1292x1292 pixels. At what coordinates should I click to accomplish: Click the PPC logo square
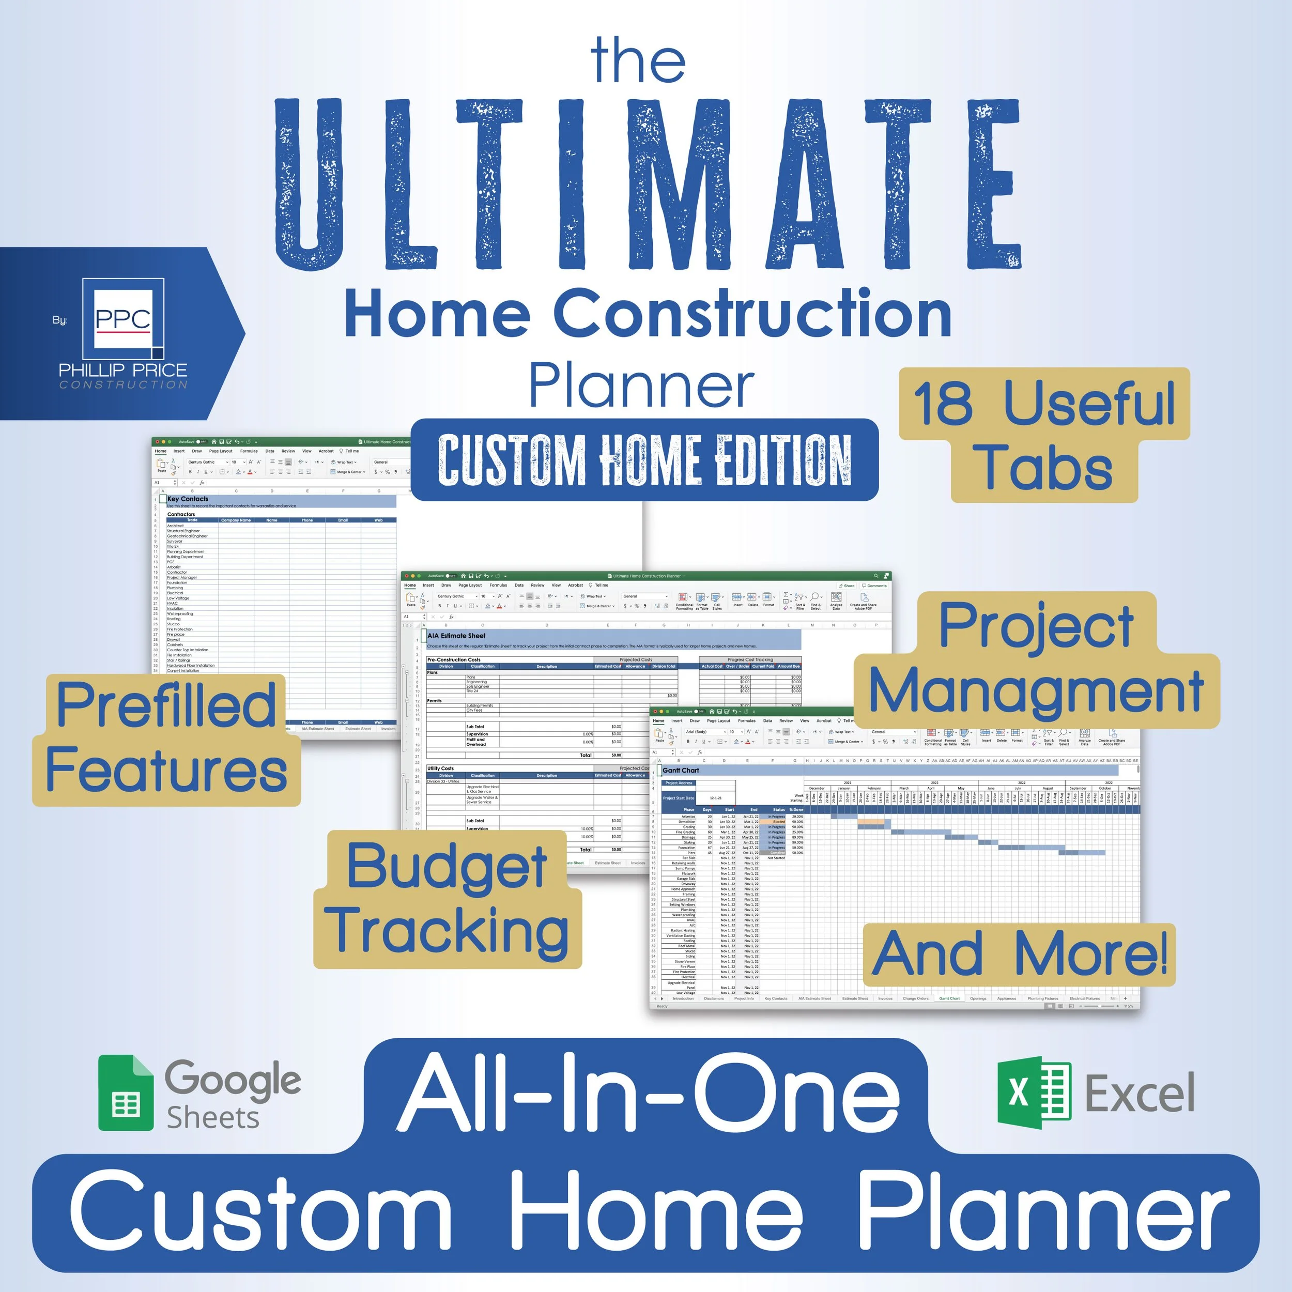click(123, 319)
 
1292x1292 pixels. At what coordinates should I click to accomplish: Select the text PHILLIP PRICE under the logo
click(123, 370)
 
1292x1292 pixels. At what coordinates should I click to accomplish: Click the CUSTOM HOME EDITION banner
click(644, 459)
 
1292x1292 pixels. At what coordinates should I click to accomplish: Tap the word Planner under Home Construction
click(641, 386)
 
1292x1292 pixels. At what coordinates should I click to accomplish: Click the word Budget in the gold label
click(447, 867)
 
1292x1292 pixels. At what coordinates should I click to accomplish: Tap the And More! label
click(1019, 955)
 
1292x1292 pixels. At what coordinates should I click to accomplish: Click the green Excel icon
click(1033, 1092)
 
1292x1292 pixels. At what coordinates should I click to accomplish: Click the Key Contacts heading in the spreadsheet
click(188, 499)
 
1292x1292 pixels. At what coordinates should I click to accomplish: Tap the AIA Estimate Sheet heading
click(456, 636)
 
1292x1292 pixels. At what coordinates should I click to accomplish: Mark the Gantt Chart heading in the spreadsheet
click(681, 771)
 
